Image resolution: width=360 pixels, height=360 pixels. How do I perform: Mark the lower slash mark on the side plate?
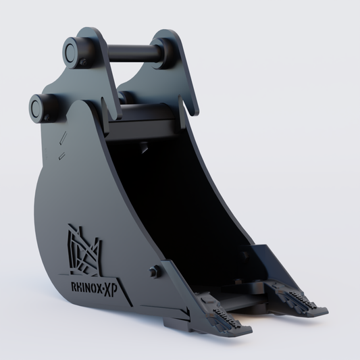point(61,156)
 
